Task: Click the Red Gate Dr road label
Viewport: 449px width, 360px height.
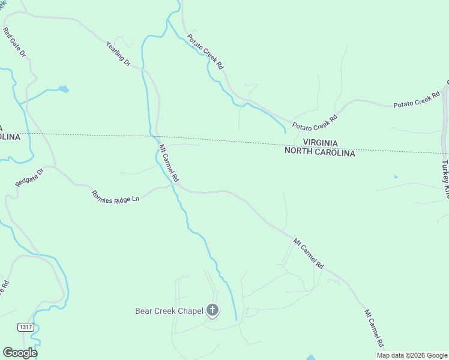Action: tap(14, 42)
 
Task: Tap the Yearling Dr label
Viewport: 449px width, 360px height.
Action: tap(118, 53)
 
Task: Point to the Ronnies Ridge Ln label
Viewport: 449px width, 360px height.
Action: tap(115, 196)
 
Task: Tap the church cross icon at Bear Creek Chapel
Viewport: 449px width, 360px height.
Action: tap(212, 310)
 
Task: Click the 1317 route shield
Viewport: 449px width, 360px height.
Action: tap(26, 327)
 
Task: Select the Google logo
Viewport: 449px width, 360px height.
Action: tap(20, 352)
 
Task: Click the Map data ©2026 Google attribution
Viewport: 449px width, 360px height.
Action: tap(412, 355)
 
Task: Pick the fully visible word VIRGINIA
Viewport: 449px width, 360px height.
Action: tap(320, 143)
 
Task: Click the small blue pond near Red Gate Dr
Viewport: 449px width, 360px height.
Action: tap(62, 90)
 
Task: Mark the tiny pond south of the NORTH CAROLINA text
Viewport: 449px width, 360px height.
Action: tap(395, 176)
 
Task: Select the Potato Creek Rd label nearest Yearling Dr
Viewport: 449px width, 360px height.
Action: tap(205, 52)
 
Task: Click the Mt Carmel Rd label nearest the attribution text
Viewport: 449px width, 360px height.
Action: tap(374, 328)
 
